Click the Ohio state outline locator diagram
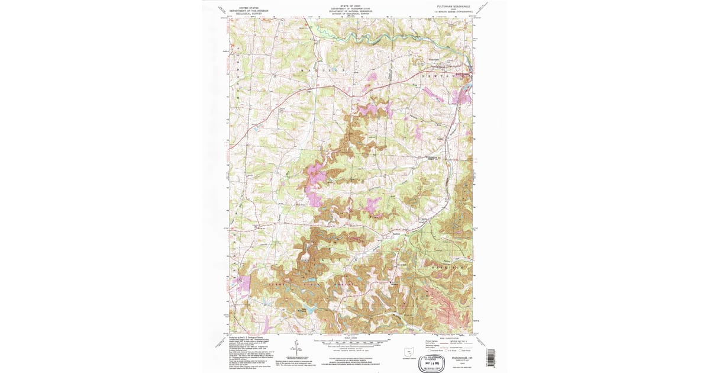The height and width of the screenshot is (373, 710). [408, 352]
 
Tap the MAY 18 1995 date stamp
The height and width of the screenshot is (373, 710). [433, 363]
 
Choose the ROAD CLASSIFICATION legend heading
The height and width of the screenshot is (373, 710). [450, 338]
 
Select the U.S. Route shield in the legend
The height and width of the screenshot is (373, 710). [447, 351]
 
